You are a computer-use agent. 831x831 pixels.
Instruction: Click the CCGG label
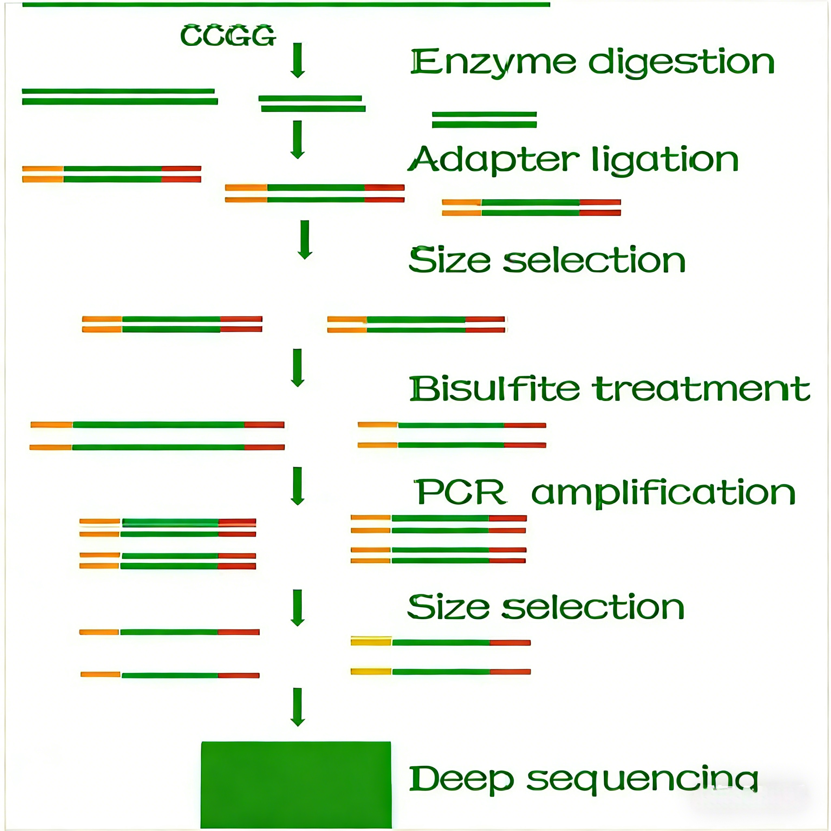click(228, 35)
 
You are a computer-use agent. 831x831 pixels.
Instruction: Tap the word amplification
click(664, 493)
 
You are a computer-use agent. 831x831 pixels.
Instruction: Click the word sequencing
click(642, 781)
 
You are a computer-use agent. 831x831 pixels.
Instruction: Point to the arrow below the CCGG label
click(298, 60)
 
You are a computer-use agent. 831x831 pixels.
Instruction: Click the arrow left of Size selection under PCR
click(298, 608)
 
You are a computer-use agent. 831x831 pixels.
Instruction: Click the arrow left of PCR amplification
click(298, 486)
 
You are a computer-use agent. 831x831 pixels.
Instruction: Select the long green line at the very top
click(286, 5)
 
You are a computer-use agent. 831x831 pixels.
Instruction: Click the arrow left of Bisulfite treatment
click(298, 368)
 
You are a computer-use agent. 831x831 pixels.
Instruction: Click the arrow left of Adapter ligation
click(298, 140)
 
